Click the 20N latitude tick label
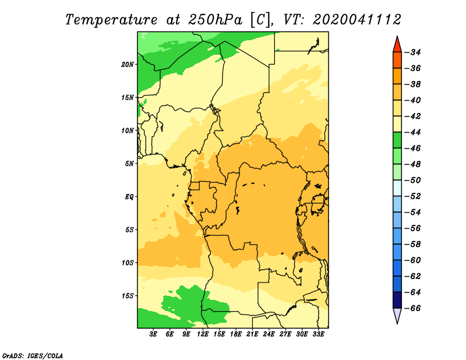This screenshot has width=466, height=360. [128, 65]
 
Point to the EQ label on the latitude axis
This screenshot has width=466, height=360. [129, 197]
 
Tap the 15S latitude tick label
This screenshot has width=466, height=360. [128, 296]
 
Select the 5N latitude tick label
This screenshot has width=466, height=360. [129, 164]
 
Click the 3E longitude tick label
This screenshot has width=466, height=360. [153, 334]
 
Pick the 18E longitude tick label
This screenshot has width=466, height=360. [236, 334]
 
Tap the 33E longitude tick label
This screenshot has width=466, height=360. [318, 334]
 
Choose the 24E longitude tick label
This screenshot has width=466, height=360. [269, 334]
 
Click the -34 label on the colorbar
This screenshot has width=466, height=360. [413, 52]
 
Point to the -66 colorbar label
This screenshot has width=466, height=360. [413, 308]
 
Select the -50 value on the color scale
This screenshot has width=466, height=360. [413, 180]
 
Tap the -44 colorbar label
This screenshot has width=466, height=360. [413, 132]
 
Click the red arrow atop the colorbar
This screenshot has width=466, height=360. [397, 45]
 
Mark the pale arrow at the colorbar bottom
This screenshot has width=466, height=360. [397, 315]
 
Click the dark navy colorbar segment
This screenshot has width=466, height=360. [397, 300]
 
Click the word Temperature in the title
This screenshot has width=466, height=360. [111, 20]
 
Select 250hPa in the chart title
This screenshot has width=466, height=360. [215, 20]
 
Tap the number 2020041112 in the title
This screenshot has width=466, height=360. [356, 20]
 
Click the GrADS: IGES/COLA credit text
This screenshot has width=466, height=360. [33, 355]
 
